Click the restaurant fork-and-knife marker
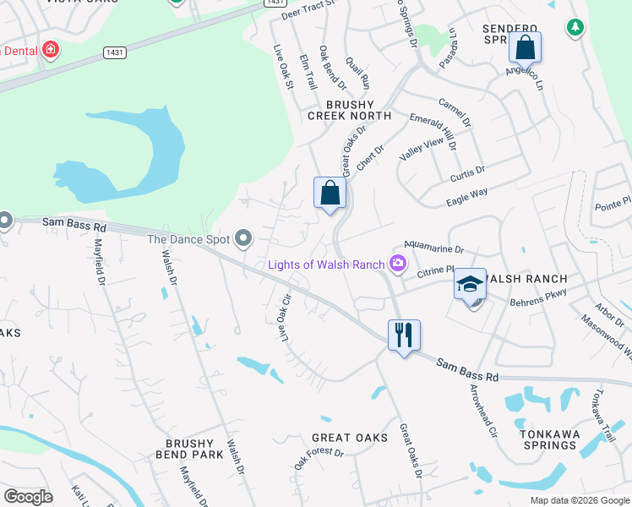(x=404, y=335)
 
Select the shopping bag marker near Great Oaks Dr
(x=330, y=193)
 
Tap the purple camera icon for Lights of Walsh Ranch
(x=397, y=264)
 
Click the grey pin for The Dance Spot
(x=244, y=239)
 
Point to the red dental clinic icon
(x=51, y=50)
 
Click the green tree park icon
(x=575, y=28)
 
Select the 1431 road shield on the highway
(x=116, y=52)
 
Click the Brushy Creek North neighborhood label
(x=349, y=116)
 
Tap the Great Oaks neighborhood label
(x=350, y=438)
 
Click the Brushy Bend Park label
(x=194, y=449)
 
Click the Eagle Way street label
(x=466, y=199)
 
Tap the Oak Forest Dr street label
(x=319, y=460)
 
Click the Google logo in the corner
(x=28, y=497)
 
